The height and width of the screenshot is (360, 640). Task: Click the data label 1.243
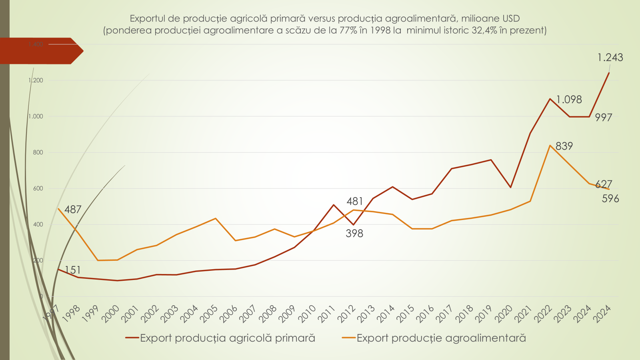pyautogui.click(x=610, y=58)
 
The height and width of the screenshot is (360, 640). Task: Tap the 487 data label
pyautogui.click(x=72, y=210)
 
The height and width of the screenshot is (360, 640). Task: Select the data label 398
pyautogui.click(x=354, y=234)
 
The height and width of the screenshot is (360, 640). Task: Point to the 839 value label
pyautogui.click(x=564, y=146)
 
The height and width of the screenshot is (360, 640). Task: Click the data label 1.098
pyautogui.click(x=569, y=100)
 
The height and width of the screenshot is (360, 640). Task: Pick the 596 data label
pyautogui.click(x=610, y=199)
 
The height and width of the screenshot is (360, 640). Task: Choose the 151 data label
pyautogui.click(x=72, y=270)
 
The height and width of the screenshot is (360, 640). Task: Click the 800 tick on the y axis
pyautogui.click(x=38, y=152)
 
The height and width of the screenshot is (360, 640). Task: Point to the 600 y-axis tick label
pyautogui.click(x=38, y=188)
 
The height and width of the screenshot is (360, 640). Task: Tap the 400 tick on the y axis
pyautogui.click(x=38, y=224)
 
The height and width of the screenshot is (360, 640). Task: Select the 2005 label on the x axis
pyautogui.click(x=209, y=314)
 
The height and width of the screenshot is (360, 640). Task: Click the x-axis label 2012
pyautogui.click(x=346, y=314)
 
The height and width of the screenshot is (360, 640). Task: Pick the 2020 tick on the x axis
pyautogui.click(x=504, y=314)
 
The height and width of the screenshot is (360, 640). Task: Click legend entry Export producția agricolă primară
pyautogui.click(x=227, y=338)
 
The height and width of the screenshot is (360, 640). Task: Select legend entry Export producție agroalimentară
pyautogui.click(x=441, y=338)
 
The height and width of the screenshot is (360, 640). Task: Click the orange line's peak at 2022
pyautogui.click(x=550, y=146)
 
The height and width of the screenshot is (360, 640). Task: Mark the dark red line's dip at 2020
pyautogui.click(x=511, y=187)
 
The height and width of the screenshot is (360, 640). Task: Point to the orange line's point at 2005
pyautogui.click(x=216, y=218)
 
